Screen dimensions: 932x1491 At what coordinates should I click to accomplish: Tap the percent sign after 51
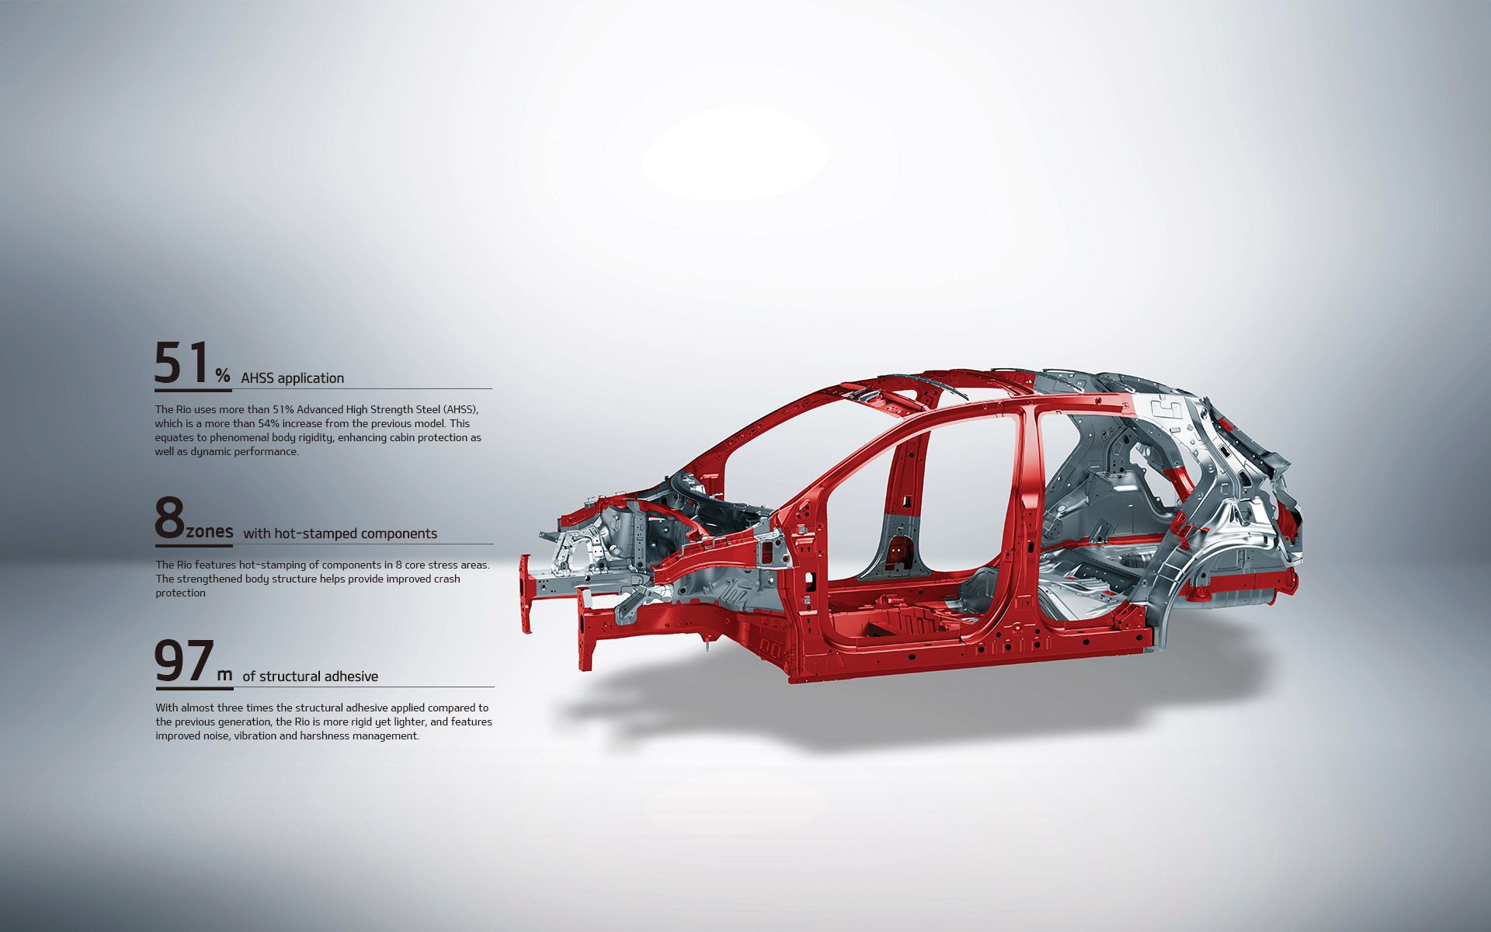pos(223,376)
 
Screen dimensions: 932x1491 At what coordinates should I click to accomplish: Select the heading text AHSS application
pos(292,378)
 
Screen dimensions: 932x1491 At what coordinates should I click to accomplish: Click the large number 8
pos(169,519)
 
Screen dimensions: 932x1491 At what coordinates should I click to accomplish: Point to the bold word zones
pos(210,532)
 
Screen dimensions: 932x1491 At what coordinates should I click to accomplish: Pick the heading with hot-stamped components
pos(340,534)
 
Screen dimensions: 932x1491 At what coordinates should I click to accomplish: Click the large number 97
pos(184,662)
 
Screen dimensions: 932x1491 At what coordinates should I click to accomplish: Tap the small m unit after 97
pos(224,675)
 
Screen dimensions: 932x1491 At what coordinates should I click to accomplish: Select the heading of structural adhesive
pos(310,676)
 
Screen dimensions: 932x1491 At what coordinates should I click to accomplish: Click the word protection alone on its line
pos(180,593)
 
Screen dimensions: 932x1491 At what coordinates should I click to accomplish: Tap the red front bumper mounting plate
pos(527,594)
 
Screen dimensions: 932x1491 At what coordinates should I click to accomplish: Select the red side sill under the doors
pos(971,660)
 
